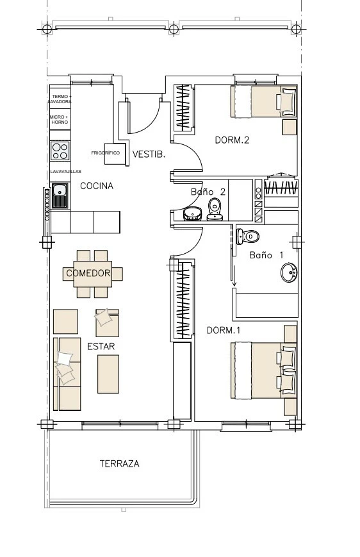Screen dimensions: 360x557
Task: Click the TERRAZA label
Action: click(x=119, y=463)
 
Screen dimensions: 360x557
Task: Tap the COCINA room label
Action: click(x=97, y=186)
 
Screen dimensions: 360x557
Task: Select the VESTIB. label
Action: click(x=149, y=154)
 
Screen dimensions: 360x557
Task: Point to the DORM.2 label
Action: click(x=232, y=140)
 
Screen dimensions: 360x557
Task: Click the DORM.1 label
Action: click(x=224, y=330)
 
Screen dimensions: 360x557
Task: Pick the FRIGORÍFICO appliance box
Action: click(x=115, y=153)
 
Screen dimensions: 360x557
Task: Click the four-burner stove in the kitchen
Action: click(x=60, y=151)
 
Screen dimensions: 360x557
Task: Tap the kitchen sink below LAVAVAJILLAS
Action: click(x=60, y=195)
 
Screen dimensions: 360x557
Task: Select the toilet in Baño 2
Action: click(x=215, y=209)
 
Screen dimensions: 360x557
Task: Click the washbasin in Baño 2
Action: click(x=193, y=213)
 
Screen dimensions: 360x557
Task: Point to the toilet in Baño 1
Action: click(x=247, y=237)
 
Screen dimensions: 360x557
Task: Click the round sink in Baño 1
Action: click(x=290, y=272)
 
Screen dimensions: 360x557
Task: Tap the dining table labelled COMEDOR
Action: click(x=93, y=274)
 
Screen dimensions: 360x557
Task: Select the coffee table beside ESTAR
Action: click(x=108, y=374)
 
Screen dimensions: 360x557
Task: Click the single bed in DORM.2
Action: click(x=264, y=101)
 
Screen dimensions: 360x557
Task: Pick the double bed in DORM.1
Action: click(x=264, y=370)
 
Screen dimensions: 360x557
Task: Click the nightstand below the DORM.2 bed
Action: click(x=290, y=127)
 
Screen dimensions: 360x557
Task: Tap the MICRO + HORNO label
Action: click(x=60, y=119)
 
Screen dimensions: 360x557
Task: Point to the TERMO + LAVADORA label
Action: click(x=60, y=99)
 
